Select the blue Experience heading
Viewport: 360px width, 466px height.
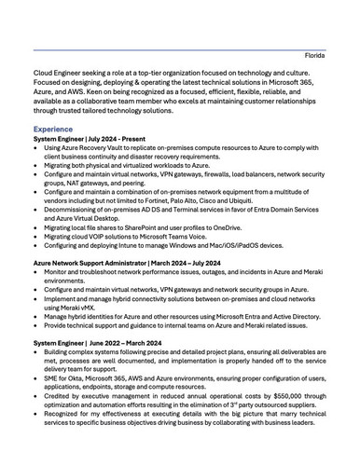57,129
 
